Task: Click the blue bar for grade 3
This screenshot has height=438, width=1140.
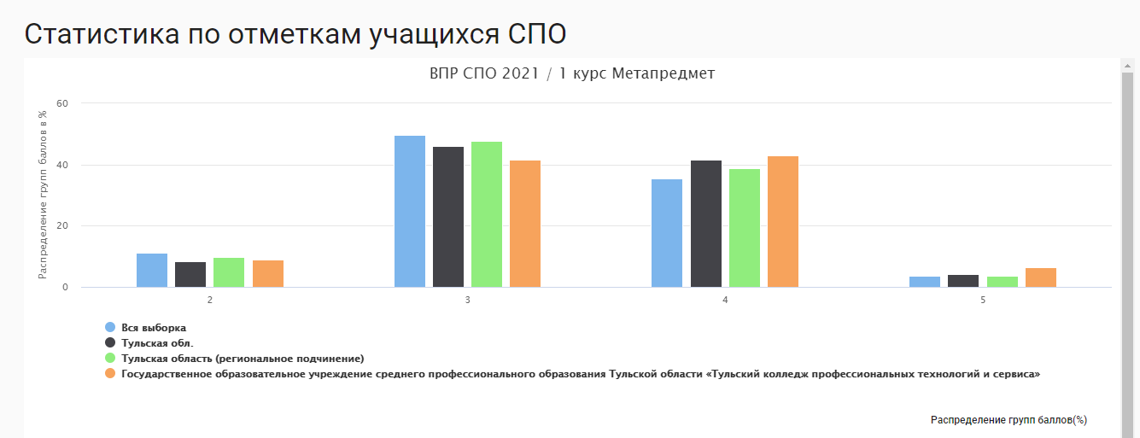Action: click(x=410, y=212)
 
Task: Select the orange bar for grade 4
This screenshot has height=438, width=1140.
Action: click(x=783, y=222)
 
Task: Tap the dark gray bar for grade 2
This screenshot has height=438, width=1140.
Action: click(x=190, y=275)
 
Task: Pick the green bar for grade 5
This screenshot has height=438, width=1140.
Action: click(x=1002, y=282)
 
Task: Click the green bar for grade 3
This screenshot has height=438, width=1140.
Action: click(x=487, y=214)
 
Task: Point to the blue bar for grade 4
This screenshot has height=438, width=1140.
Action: click(x=667, y=233)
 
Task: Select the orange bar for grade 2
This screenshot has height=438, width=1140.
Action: click(x=267, y=274)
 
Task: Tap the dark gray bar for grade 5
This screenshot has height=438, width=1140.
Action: click(x=963, y=281)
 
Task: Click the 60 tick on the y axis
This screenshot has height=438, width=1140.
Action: click(x=62, y=104)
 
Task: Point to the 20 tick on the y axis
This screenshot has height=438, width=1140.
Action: click(x=62, y=226)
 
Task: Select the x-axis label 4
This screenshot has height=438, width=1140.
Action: click(x=725, y=301)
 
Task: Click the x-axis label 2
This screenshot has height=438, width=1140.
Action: click(x=210, y=301)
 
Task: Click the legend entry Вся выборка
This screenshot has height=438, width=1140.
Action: click(x=153, y=328)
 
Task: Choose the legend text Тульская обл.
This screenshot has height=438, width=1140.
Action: click(x=157, y=343)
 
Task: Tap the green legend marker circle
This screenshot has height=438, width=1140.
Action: click(x=110, y=358)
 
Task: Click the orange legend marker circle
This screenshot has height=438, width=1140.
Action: click(x=110, y=373)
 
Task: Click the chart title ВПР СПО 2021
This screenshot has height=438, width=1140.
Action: click(x=484, y=73)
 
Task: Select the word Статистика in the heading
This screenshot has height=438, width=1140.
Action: click(x=102, y=35)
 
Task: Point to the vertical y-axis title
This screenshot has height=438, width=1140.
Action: click(x=42, y=195)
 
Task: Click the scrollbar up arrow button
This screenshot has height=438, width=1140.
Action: click(x=1127, y=66)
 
